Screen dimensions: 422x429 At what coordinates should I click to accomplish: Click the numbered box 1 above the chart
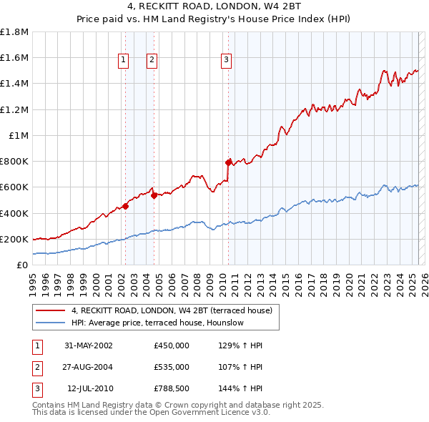(x=124, y=61)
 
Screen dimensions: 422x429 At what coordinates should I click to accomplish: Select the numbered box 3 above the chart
(x=226, y=61)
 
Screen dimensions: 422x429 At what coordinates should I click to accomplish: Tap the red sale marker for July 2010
(x=228, y=162)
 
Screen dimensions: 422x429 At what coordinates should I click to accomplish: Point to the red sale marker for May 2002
(x=125, y=206)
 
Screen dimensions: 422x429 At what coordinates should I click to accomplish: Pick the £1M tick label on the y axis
(x=19, y=135)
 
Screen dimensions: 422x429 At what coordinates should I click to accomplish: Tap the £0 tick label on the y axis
(x=23, y=265)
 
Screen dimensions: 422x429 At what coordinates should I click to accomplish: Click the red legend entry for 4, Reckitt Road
(x=172, y=311)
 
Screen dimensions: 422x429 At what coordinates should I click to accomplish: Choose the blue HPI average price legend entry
(x=157, y=323)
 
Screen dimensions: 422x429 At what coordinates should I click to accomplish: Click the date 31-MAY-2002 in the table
(x=89, y=345)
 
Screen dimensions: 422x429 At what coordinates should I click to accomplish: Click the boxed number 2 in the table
(x=36, y=367)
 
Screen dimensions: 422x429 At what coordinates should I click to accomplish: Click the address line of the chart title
(x=214, y=9)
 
